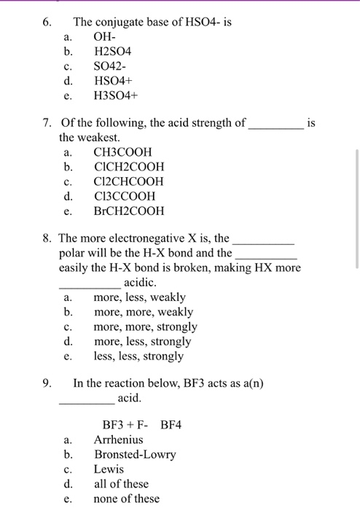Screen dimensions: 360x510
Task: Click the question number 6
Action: pos(45,23)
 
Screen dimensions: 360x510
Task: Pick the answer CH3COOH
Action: pos(122,152)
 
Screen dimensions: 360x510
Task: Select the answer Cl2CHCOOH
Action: pos(128,181)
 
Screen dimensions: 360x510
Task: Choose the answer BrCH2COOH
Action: pos(129,211)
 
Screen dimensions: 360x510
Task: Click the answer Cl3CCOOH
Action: pos(125,197)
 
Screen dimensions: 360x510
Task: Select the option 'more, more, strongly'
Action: pos(145,327)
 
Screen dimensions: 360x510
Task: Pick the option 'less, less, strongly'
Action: pos(138,356)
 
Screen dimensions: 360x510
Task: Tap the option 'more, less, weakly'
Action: pos(139,297)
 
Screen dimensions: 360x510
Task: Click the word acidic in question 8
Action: pos(141,282)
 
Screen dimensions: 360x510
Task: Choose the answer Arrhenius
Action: pos(118,439)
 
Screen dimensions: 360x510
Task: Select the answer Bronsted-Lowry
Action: pos(135,455)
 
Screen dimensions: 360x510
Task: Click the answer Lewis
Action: pos(109,469)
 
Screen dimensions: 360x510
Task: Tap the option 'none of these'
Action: pos(126,498)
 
